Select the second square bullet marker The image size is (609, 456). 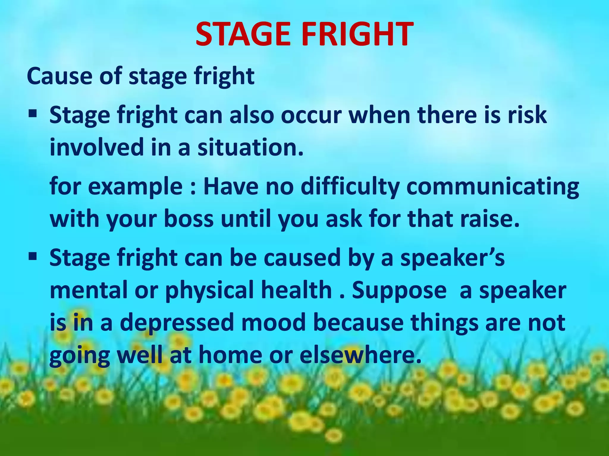(33, 255)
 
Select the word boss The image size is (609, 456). (189, 219)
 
